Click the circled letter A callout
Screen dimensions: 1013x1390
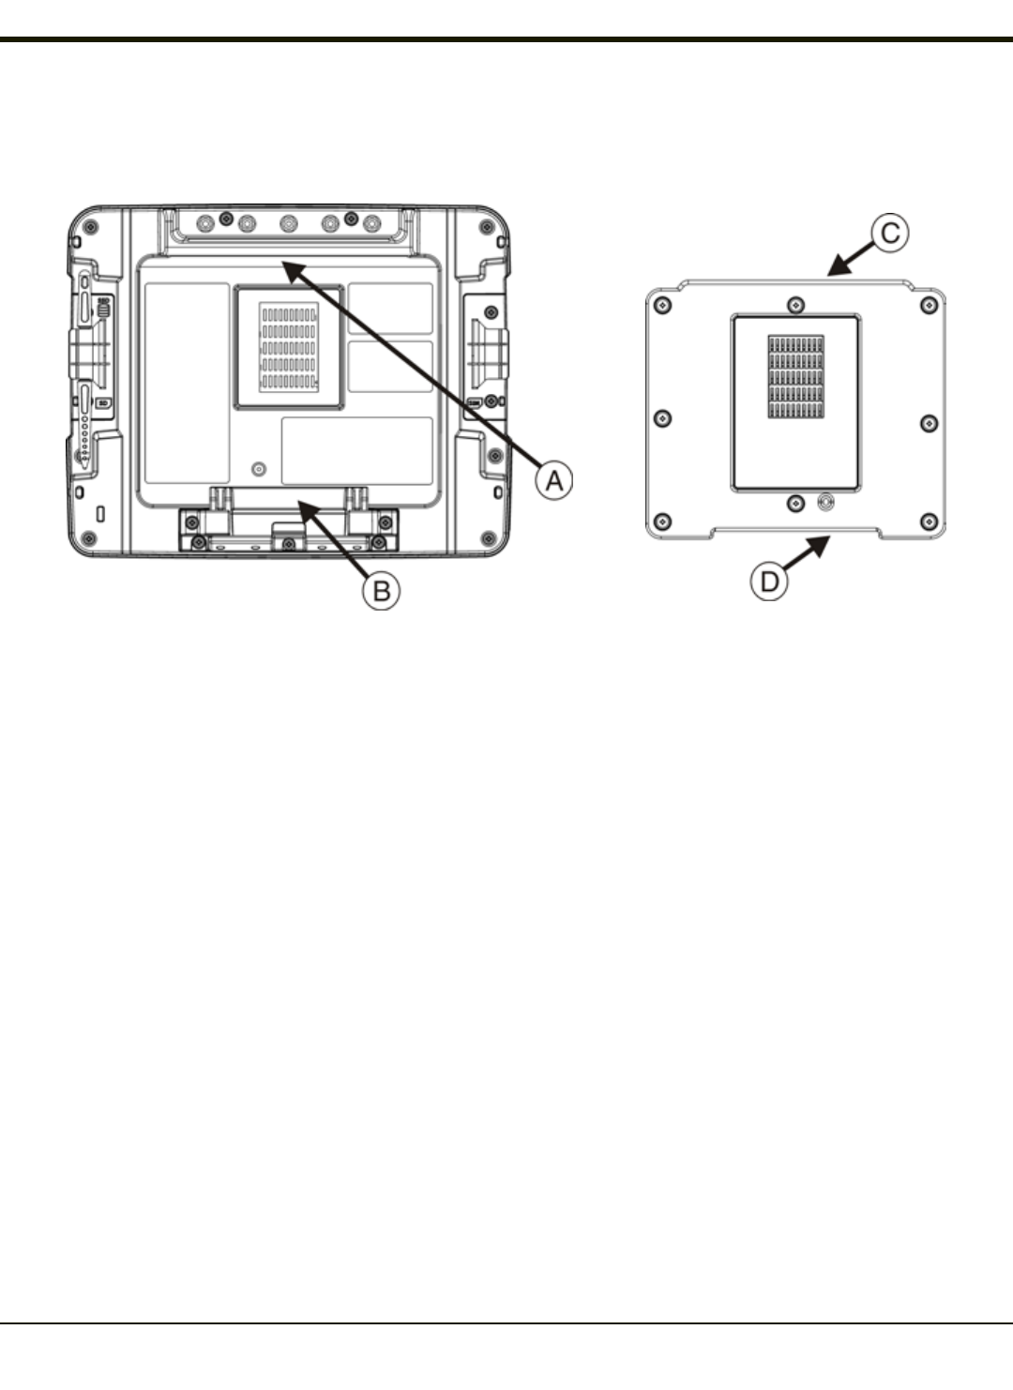click(553, 479)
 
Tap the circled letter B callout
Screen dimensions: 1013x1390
click(381, 590)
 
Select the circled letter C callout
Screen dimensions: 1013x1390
click(890, 233)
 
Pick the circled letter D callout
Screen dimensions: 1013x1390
click(769, 582)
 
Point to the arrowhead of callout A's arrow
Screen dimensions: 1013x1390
click(292, 269)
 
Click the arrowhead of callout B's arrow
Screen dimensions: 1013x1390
click(307, 510)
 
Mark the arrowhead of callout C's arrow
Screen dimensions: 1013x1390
click(837, 268)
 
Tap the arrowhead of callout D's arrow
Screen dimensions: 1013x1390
click(822, 544)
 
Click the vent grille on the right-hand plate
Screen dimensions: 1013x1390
click(795, 377)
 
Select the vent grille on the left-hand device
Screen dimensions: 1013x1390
click(289, 347)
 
